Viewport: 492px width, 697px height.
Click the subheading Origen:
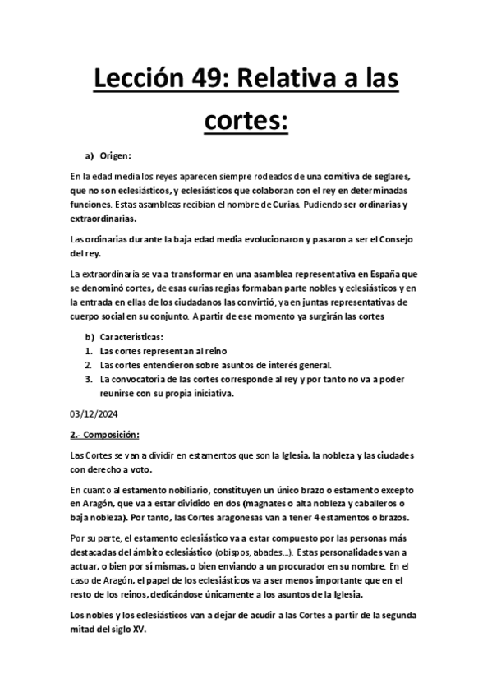(x=116, y=155)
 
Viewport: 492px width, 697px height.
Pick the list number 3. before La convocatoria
(x=89, y=379)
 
